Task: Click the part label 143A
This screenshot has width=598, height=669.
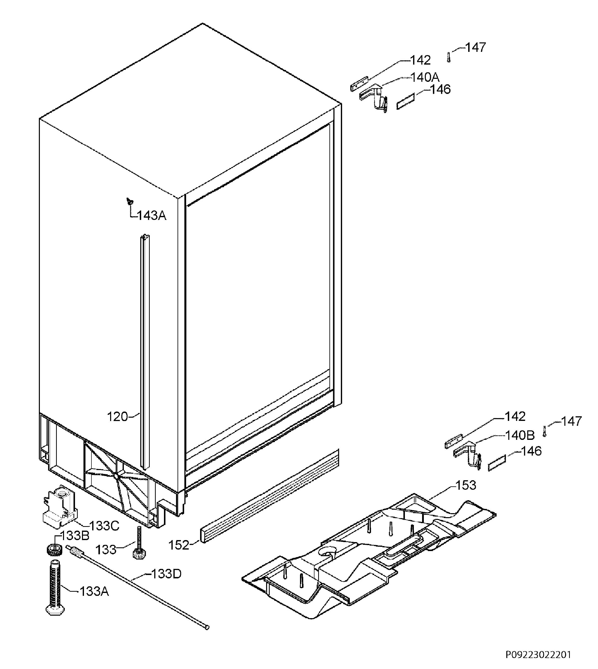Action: (151, 216)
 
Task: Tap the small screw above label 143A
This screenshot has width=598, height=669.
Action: (130, 201)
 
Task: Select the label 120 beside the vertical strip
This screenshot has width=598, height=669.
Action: (117, 417)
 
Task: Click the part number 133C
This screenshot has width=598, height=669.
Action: (104, 526)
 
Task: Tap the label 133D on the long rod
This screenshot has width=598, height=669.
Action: (166, 574)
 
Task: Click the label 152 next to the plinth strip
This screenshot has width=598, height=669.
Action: (179, 545)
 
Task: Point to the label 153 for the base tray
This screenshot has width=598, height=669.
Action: (466, 485)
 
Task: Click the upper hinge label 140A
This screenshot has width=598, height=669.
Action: (425, 77)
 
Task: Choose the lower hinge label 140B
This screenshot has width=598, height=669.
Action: (520, 435)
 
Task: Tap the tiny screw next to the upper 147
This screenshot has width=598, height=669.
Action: (449, 57)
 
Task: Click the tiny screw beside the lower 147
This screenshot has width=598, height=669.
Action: (544, 431)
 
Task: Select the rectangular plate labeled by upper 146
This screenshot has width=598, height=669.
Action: (406, 101)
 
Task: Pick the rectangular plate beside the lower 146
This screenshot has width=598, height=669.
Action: (497, 463)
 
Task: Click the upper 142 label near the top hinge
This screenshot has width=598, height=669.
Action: (421, 60)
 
